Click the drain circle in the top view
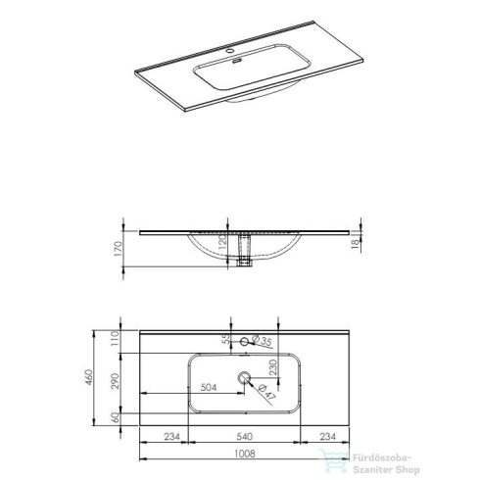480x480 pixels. (x=242, y=376)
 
